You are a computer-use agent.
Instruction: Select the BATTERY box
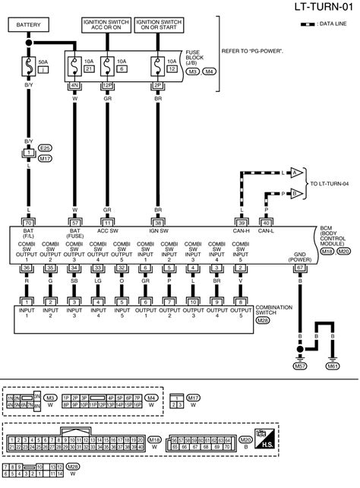[x=29, y=26]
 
